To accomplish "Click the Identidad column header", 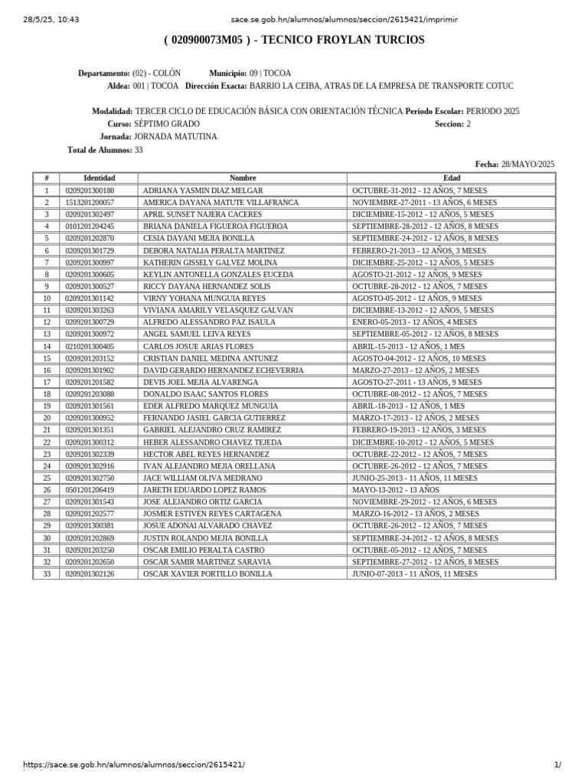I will pyautogui.click(x=99, y=178).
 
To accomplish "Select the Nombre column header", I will pyautogui.click(x=242, y=178).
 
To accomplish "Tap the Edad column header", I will pyautogui.click(x=452, y=178).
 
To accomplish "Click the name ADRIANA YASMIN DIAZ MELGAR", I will pyautogui.click(x=203, y=190).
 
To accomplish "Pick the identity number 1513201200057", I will pyautogui.click(x=90, y=202).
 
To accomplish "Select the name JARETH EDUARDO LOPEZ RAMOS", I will pyautogui.click(x=204, y=490).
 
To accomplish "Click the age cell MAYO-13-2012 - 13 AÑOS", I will pyautogui.click(x=396, y=490).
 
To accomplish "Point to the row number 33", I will pyautogui.click(x=46, y=574).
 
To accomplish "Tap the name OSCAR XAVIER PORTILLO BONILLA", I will pyautogui.click(x=207, y=574).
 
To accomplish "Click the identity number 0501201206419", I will pyautogui.click(x=90, y=490).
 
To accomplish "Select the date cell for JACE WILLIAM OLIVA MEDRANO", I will pyautogui.click(x=414, y=478).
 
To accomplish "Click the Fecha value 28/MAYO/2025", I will pyautogui.click(x=528, y=164).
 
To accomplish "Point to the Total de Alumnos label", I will pyautogui.click(x=100, y=150).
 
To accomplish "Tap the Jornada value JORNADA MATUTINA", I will pyautogui.click(x=175, y=136).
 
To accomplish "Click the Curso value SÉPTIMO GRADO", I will pyautogui.click(x=166, y=123).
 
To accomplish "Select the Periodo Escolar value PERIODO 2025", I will pyautogui.click(x=492, y=111).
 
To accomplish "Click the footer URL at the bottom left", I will pyautogui.click(x=133, y=765).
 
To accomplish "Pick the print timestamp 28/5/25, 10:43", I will pyautogui.click(x=51, y=19).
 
